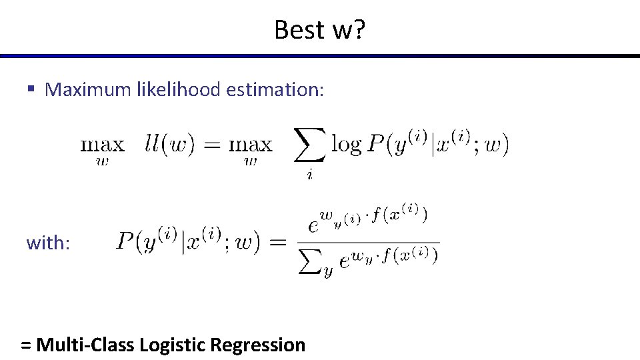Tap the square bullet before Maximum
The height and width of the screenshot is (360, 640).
pos(31,89)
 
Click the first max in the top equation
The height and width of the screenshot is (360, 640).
pos(102,144)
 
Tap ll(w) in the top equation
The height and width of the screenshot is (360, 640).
pos(170,145)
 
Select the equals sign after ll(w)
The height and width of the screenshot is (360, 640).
pos(211,145)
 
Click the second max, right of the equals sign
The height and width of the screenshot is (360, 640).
pos(251,144)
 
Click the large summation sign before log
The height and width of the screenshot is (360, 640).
pos(310,145)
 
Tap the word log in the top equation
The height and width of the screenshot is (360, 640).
pos(346,145)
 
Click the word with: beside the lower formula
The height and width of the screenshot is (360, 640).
pos(48,243)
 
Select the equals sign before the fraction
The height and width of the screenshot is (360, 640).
pos(275,242)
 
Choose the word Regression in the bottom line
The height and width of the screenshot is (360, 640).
pos(257,345)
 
